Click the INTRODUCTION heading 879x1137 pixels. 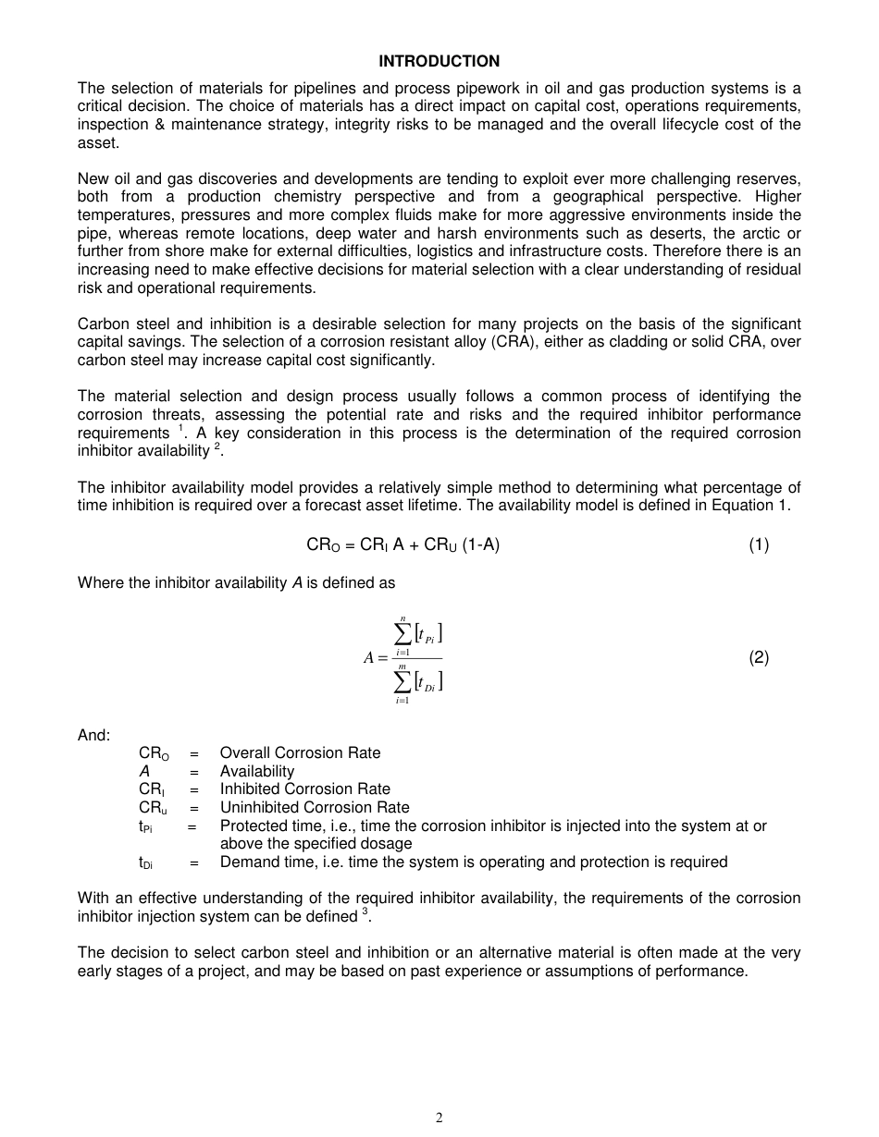439,61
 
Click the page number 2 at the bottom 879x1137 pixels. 439,1118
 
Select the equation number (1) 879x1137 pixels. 759,544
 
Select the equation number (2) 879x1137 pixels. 759,657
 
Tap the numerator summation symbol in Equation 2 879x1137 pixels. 402,633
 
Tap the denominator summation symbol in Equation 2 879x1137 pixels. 402,682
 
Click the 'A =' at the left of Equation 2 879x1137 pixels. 375,658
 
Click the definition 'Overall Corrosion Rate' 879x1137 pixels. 300,752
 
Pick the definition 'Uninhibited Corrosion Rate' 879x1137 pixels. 314,807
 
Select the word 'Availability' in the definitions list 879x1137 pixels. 256,771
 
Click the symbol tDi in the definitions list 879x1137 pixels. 146,862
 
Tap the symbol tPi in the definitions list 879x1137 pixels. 146,826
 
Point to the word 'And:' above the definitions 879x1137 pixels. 93,735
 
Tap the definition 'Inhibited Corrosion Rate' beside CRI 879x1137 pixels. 304,789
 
